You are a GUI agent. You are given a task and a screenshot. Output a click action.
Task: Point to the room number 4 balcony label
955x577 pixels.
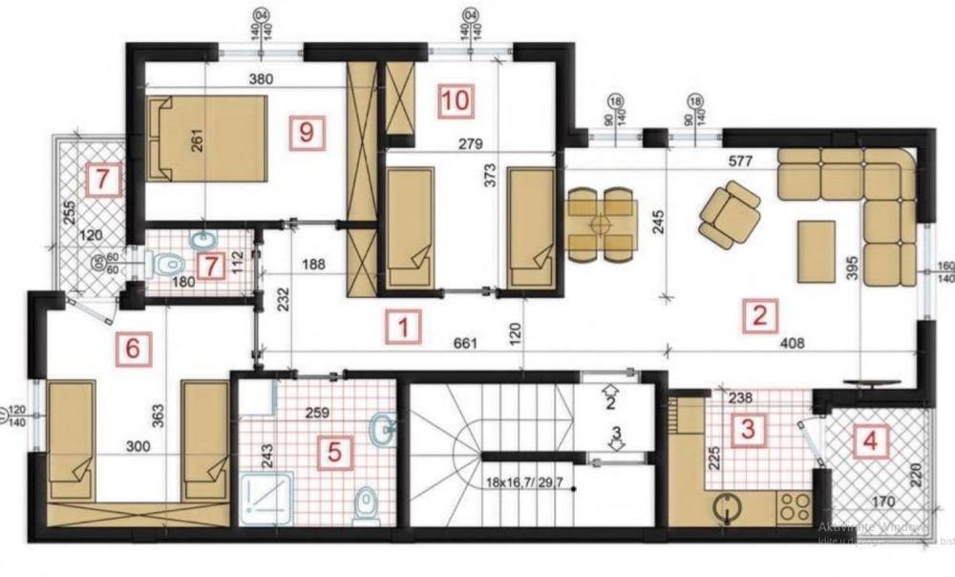click(871, 441)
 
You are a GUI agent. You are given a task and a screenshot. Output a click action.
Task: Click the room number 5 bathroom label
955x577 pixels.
click(333, 451)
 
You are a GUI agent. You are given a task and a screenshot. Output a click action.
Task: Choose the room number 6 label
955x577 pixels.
click(132, 349)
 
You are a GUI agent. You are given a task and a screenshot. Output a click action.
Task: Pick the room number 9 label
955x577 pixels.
click(305, 131)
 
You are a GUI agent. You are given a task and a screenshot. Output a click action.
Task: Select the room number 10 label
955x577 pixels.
click(456, 100)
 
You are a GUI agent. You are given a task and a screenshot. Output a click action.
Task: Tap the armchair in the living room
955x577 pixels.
click(731, 213)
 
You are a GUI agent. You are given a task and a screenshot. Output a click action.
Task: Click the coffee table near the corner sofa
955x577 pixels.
click(817, 250)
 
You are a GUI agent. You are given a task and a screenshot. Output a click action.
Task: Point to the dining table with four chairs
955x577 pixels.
click(601, 224)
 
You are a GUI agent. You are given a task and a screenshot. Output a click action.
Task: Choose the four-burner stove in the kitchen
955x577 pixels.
click(794, 506)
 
